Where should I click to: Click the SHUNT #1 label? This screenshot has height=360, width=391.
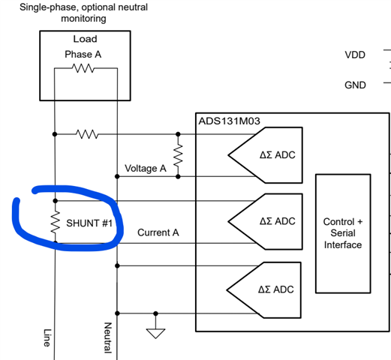(89, 223)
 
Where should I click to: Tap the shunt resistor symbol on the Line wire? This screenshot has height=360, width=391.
(56, 222)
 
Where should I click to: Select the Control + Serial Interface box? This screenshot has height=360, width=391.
(343, 233)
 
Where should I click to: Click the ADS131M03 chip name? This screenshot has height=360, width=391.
(229, 121)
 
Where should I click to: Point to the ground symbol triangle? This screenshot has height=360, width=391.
(155, 334)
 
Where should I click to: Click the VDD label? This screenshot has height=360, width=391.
(355, 55)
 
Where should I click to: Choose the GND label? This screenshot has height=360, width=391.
(355, 85)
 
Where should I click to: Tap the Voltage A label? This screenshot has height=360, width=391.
(146, 168)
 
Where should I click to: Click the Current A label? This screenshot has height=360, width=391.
(158, 232)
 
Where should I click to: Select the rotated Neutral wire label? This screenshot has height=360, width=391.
(108, 337)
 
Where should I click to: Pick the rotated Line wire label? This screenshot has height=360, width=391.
(47, 337)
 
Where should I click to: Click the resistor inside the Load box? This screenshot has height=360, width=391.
(83, 68)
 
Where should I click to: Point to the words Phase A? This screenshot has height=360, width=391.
(83, 54)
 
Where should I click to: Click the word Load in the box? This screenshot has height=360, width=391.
(85, 39)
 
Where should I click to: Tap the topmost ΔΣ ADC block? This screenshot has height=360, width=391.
(265, 155)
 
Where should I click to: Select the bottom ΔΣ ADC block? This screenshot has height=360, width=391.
(263, 290)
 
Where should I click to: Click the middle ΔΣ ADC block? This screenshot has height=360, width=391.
(265, 221)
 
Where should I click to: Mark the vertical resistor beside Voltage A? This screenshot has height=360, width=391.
(178, 155)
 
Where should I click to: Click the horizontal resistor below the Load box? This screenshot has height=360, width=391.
(87, 134)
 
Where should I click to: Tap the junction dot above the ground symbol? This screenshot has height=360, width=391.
(155, 313)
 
